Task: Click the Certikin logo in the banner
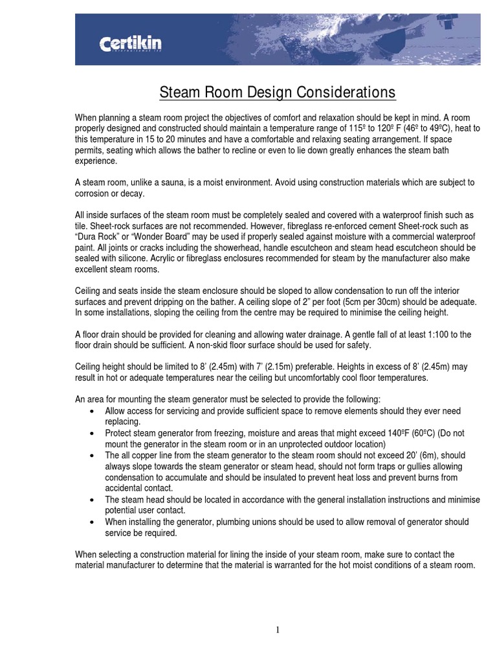(130, 44)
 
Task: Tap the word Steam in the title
(180, 93)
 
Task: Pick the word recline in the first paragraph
(237, 150)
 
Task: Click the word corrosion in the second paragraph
(94, 194)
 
